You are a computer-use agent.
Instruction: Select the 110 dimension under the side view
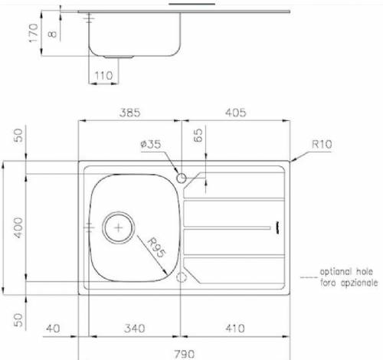click(103, 76)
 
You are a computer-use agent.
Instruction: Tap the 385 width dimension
click(130, 113)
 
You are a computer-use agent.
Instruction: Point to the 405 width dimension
click(234, 113)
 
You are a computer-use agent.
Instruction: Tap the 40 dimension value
click(52, 329)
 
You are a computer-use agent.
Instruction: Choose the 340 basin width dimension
click(133, 329)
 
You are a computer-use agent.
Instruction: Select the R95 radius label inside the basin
click(157, 249)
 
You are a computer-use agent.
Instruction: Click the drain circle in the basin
click(119, 226)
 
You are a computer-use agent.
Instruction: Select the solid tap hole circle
click(182, 178)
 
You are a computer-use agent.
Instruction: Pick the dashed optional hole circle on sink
click(182, 277)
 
